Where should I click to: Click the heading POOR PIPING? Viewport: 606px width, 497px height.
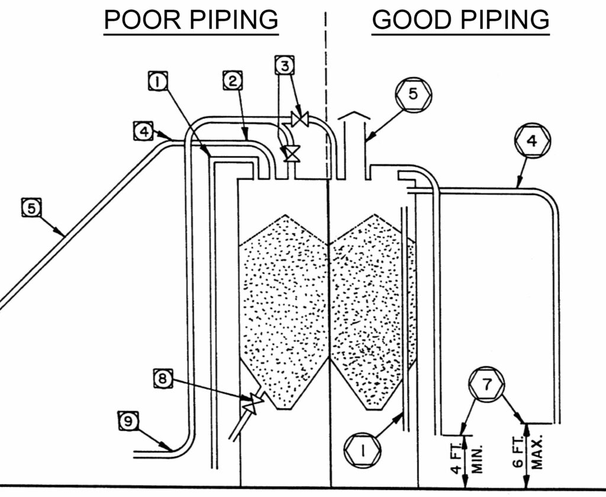pos(191,20)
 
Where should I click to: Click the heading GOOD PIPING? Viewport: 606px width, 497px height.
pos(460,20)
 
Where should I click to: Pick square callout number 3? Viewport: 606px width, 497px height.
pos(285,65)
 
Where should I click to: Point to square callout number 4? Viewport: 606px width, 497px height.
pos(141,130)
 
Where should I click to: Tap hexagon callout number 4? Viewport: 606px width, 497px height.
pos(533,141)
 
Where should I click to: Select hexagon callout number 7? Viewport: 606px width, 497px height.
pos(486,385)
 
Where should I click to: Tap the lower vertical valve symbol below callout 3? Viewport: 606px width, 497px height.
pos(291,154)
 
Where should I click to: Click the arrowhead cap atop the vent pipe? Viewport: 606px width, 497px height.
pos(352,120)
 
